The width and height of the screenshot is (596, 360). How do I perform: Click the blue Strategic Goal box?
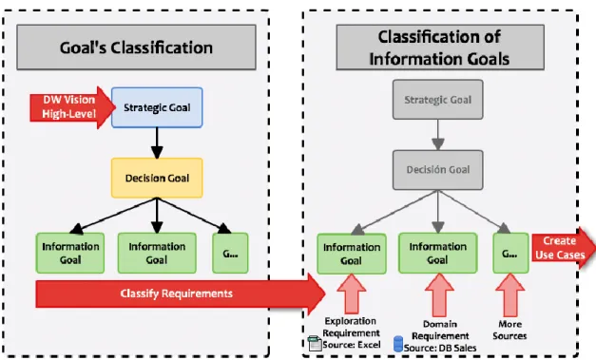(x=157, y=107)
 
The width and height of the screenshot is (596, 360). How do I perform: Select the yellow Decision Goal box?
(x=157, y=178)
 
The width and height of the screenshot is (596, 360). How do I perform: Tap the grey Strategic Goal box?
(x=438, y=100)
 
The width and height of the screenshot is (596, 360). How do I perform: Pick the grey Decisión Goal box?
(x=438, y=170)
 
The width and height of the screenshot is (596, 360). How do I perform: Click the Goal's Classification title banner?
(x=137, y=47)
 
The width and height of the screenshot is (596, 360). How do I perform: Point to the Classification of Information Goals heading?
(x=440, y=47)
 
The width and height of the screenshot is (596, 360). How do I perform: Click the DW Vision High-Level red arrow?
(x=72, y=107)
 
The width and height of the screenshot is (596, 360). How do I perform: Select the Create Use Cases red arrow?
(x=564, y=248)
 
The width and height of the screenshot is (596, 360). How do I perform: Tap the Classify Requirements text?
(x=177, y=294)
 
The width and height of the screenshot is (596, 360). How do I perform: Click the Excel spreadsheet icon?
(x=315, y=343)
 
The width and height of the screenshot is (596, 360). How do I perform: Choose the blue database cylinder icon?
(x=398, y=344)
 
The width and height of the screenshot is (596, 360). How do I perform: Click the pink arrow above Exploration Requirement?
(x=352, y=294)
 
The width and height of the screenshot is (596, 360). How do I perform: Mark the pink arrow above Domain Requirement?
(x=439, y=294)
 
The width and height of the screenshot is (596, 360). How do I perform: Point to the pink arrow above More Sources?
(x=510, y=294)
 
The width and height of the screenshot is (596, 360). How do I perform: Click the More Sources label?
(x=509, y=330)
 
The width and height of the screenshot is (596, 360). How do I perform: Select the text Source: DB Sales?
(x=440, y=348)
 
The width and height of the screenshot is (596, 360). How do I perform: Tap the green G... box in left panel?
(x=230, y=254)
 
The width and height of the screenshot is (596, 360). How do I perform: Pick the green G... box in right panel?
(x=510, y=254)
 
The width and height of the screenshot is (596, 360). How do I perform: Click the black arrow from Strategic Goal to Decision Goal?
(x=157, y=142)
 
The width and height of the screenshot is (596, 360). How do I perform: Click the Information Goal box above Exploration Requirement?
(x=352, y=254)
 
